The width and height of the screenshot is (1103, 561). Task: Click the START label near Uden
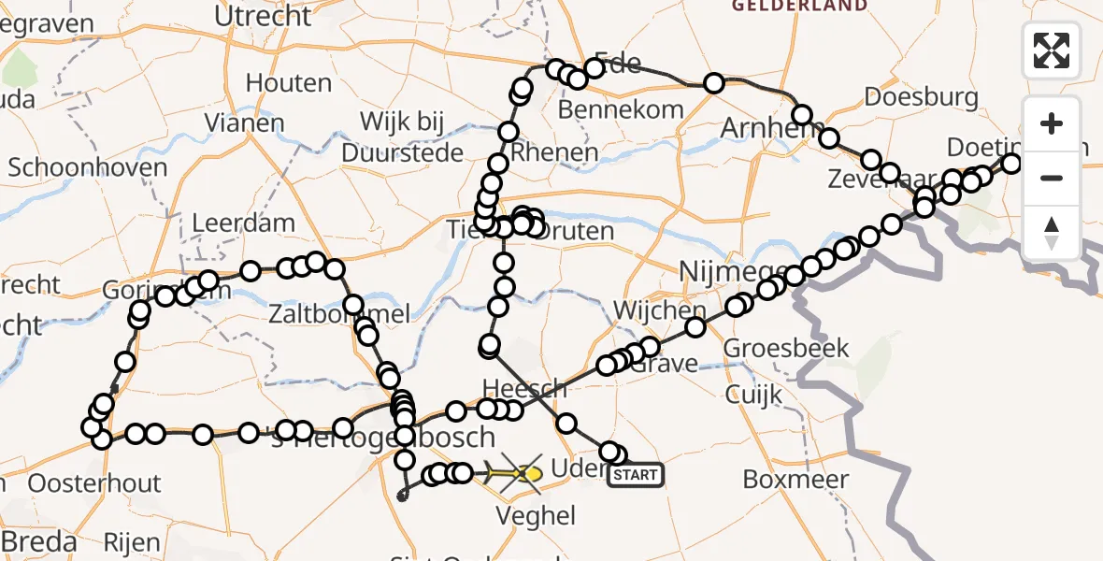pyautogui.click(x=636, y=475)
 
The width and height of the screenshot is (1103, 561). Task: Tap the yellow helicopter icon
pyautogui.click(x=520, y=473)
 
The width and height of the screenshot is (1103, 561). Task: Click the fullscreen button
pyautogui.click(x=1052, y=50)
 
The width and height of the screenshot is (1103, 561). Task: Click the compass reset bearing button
pyautogui.click(x=1052, y=232)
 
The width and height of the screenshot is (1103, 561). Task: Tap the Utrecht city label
pyautogui.click(x=263, y=16)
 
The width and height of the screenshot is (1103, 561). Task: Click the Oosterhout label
pyautogui.click(x=94, y=483)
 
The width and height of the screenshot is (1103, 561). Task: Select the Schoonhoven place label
pyautogui.click(x=88, y=168)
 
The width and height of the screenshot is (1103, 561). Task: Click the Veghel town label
pyautogui.click(x=536, y=515)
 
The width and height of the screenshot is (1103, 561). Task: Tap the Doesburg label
pyautogui.click(x=921, y=97)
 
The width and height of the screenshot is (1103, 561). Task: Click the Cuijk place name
pyautogui.click(x=753, y=395)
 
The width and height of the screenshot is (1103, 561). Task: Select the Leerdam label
pyautogui.click(x=243, y=224)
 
